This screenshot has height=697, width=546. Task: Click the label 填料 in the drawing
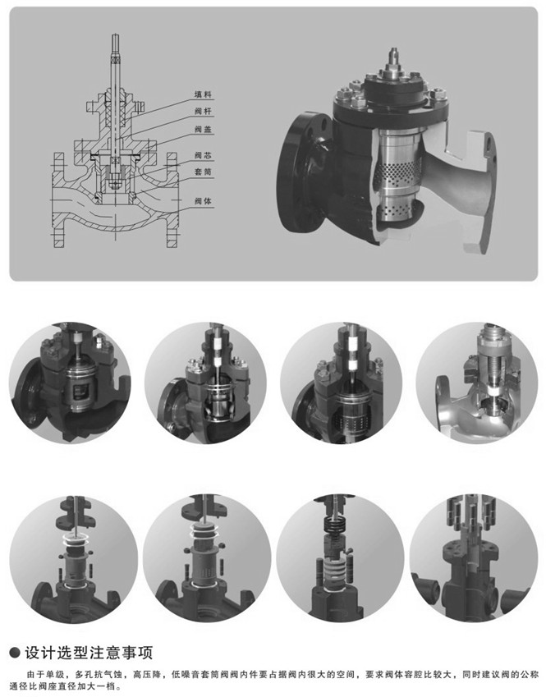pyautogui.click(x=203, y=94)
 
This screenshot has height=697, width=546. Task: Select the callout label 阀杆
pyautogui.click(x=203, y=111)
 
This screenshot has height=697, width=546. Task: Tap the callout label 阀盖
pyautogui.click(x=203, y=130)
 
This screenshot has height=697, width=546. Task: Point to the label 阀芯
pyautogui.click(x=203, y=155)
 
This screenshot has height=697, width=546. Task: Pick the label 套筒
pyautogui.click(x=203, y=172)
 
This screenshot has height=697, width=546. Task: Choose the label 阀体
pyautogui.click(x=203, y=201)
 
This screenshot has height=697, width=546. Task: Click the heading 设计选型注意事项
pyautogui.click(x=89, y=653)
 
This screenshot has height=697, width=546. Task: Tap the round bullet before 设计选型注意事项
pyautogui.click(x=15, y=653)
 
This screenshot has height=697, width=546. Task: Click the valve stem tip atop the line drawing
pyautogui.click(x=116, y=36)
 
